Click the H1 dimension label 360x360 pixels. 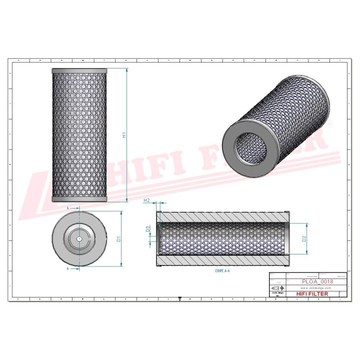pos(124,135)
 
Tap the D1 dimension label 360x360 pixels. pos(118,239)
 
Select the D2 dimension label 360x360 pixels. pos(304,239)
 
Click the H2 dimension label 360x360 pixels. pos(146,200)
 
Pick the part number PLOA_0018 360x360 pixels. pos(318,282)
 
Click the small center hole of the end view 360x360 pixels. pos(79,239)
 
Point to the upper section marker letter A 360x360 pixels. pos(67,206)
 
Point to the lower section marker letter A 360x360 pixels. pos(67,268)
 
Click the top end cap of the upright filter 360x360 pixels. pos(79,70)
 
